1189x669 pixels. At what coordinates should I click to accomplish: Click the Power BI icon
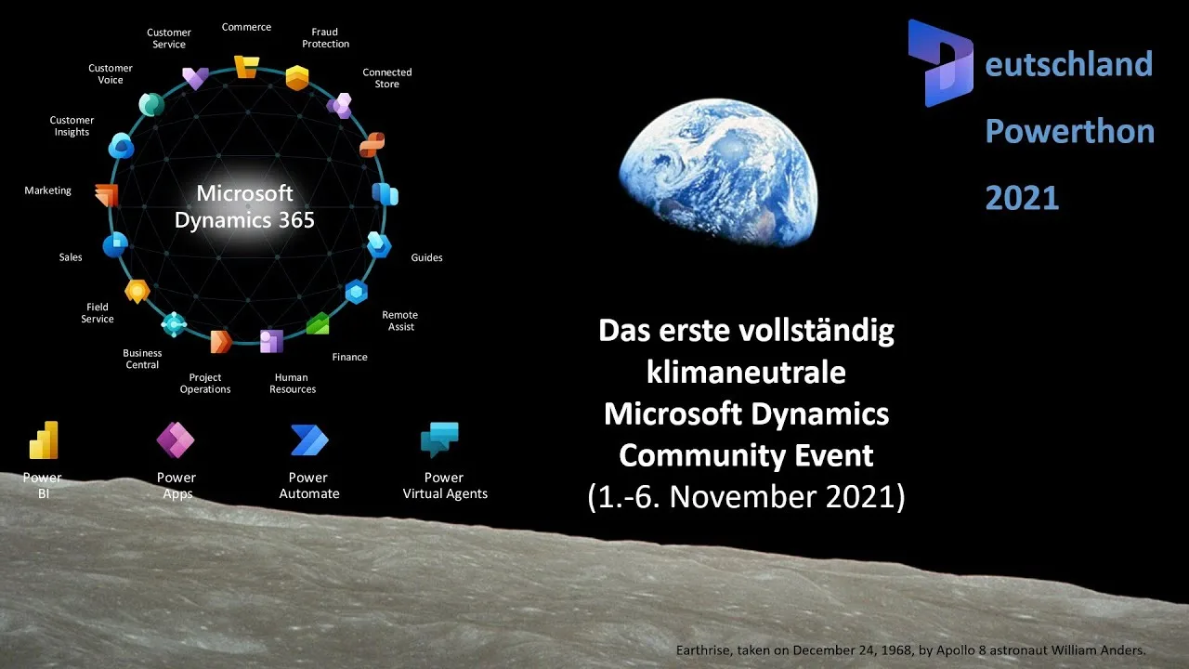[44, 439]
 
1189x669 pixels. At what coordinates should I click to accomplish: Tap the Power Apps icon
[176, 439]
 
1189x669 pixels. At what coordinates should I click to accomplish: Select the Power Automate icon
[309, 439]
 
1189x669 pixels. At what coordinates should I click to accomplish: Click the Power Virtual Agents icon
[439, 439]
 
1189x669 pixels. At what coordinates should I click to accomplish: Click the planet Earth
[718, 173]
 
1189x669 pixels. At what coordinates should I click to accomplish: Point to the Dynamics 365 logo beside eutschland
[941, 62]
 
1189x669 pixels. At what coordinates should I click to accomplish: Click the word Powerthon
[1069, 131]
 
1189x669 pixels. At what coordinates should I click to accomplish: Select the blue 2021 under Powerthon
[1022, 198]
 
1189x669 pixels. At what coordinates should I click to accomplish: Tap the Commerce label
[246, 27]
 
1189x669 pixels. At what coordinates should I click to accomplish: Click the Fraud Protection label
[325, 38]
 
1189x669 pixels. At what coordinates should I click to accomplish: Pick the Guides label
[426, 257]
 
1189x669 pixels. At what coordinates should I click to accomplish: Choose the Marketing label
[47, 190]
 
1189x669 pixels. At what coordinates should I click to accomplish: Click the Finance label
[350, 357]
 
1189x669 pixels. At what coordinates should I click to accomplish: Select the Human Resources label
[293, 384]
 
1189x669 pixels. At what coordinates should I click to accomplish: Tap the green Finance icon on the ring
[318, 323]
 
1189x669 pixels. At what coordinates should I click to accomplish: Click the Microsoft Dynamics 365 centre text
[244, 206]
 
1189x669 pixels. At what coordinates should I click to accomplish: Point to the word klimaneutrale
[746, 372]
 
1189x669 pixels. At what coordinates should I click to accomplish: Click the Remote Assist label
[400, 321]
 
